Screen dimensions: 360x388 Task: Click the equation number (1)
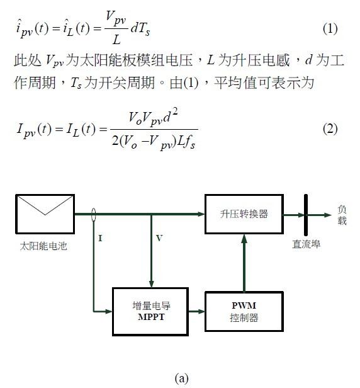coord(330,28)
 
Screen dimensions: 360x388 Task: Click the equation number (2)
coord(330,128)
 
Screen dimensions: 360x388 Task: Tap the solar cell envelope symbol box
coord(45,214)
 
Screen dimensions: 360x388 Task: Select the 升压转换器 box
coord(244,214)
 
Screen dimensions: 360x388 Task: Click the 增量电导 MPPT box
coord(150,312)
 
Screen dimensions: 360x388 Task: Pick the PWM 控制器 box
coord(244,312)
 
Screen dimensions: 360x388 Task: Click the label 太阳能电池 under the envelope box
coord(43,246)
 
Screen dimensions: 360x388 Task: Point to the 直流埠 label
coord(307,244)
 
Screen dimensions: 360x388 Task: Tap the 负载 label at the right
coord(342,215)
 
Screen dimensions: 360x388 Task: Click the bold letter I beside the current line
coord(100,238)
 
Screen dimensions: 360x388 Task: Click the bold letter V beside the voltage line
coord(159,238)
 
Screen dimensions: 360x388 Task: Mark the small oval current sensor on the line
coord(93,215)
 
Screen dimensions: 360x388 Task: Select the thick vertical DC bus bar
coord(306,215)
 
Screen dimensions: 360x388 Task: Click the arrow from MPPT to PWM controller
coord(196,311)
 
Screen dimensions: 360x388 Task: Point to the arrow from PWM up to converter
coord(244,263)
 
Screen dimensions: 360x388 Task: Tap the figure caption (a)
coord(181,379)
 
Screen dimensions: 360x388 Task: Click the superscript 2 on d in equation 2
coord(175,112)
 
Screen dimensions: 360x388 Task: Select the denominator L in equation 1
coord(116,39)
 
